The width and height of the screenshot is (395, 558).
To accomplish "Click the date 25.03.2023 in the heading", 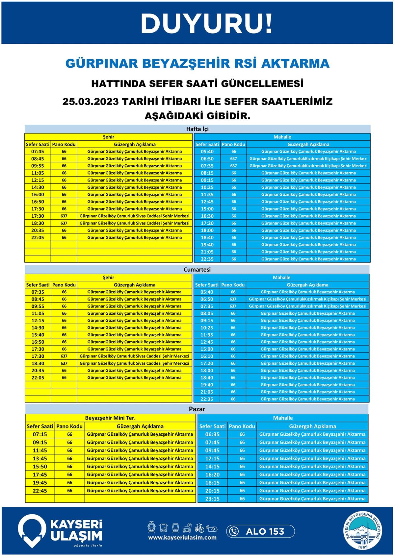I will tap(91, 101).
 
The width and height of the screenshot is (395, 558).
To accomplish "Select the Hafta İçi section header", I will tap(197, 129).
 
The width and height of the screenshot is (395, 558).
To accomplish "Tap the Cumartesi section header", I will tap(197, 270).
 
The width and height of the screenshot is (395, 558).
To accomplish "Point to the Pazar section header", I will tap(197, 409).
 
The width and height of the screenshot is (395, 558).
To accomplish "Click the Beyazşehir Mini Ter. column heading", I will tap(110, 418).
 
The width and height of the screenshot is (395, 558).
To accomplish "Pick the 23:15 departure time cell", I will tap(212, 498).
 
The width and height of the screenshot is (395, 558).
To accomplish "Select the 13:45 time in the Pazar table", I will tap(40, 458).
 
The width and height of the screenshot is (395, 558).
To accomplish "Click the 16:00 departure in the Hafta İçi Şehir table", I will tap(38, 194).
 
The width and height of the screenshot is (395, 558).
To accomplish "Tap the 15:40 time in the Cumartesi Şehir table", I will tap(38, 335).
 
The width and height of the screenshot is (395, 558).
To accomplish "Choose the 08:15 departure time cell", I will tap(207, 173).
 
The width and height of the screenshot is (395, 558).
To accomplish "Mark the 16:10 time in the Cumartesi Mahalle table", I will tap(207, 356).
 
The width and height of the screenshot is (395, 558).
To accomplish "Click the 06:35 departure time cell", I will tap(212, 434).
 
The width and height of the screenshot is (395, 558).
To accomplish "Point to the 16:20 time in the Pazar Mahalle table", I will tap(212, 474).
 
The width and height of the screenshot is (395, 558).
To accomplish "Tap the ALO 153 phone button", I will tap(260, 531).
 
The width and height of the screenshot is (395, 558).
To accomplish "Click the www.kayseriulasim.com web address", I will tap(182, 538).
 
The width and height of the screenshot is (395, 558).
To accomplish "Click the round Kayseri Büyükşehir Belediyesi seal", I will tap(364, 531).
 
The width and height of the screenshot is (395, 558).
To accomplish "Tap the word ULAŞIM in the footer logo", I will tap(76, 536).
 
